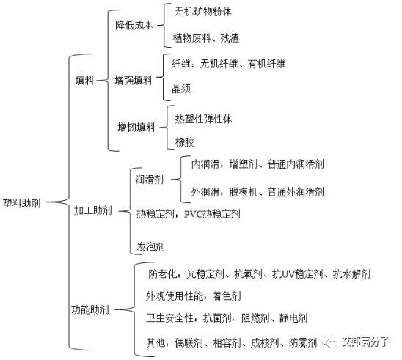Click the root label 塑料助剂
tap(22, 203)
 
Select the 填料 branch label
tap(85, 80)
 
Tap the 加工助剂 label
tap(93, 210)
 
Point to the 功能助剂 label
tap(90, 309)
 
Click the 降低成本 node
tap(134, 25)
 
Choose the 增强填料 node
tap(134, 80)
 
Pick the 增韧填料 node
tap(136, 127)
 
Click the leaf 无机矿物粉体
tap(202, 12)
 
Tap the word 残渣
tap(230, 38)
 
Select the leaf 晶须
tap(181, 89)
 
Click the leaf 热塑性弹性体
tap(203, 119)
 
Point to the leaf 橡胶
tap(185, 142)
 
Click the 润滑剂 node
tap(150, 179)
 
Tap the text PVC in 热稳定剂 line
tap(193, 213)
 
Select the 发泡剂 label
tap(151, 246)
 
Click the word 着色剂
tap(227, 296)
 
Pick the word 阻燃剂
tap(255, 318)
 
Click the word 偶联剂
tap(189, 342)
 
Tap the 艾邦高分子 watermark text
tap(365, 342)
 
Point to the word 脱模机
tap(244, 192)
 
